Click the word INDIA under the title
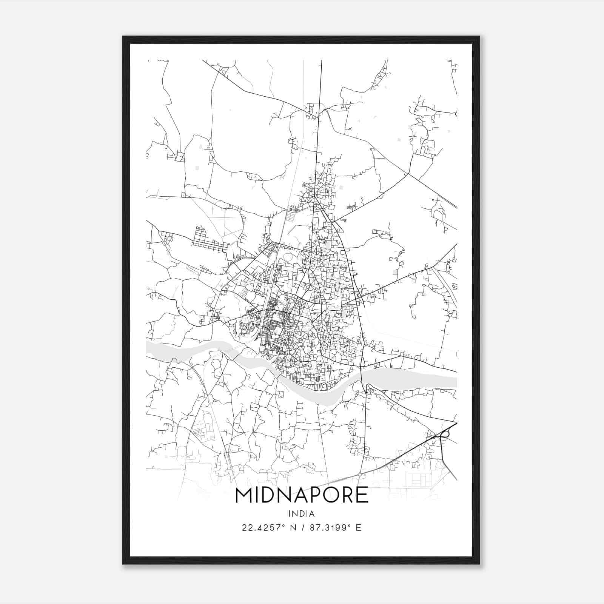click(302, 513)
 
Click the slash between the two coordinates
click(302, 527)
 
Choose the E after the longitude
click(359, 527)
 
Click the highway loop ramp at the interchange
click(446, 434)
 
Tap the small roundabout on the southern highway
click(360, 474)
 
